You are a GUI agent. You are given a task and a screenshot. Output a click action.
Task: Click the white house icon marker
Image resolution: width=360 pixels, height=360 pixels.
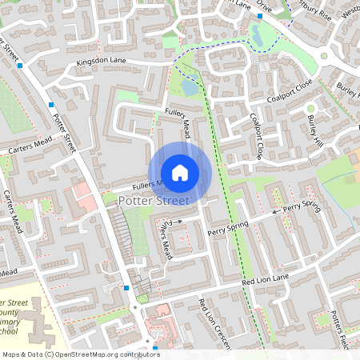[x=180, y=173]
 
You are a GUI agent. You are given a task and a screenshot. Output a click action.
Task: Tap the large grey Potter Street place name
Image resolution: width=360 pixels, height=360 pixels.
[x=153, y=202]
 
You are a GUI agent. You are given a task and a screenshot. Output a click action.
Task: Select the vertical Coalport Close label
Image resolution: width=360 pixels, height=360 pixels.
[x=257, y=137]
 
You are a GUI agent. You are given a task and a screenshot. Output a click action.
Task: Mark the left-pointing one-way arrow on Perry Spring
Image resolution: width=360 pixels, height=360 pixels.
[x=275, y=212]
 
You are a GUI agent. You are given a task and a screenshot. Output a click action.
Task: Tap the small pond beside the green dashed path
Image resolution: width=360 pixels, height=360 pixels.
[x=190, y=86]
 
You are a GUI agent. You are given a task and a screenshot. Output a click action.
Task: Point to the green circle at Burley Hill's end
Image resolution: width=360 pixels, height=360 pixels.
[x=311, y=108]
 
